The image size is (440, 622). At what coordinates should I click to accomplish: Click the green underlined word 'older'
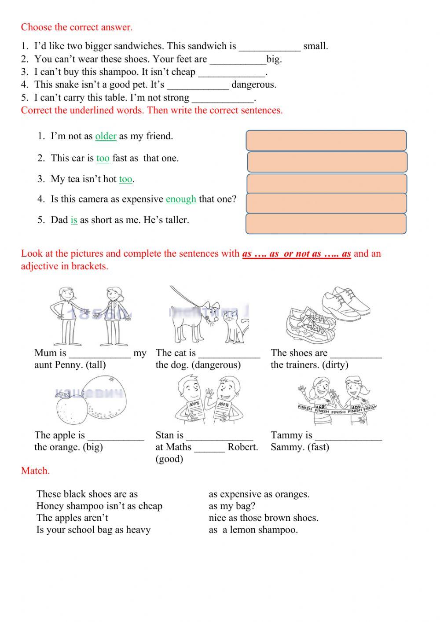coord(106,136)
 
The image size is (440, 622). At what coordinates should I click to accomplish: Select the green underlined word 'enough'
coord(181,199)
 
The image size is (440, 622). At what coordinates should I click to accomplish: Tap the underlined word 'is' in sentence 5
coord(74,220)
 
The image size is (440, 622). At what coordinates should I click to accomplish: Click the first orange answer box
coord(326,141)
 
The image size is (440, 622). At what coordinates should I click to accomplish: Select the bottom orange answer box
coord(326,224)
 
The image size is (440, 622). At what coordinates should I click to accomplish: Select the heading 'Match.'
coord(35,471)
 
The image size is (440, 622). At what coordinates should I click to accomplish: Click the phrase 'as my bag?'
coord(232,506)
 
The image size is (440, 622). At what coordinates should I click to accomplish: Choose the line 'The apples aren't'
coord(72,518)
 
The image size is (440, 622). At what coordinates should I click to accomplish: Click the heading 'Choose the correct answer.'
coord(77,27)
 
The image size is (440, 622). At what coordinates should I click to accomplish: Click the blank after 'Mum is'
coord(100,353)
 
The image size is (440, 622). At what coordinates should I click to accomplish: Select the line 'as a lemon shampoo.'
coord(253,530)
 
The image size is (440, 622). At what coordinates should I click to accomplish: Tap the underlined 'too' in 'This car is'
coord(103,158)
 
